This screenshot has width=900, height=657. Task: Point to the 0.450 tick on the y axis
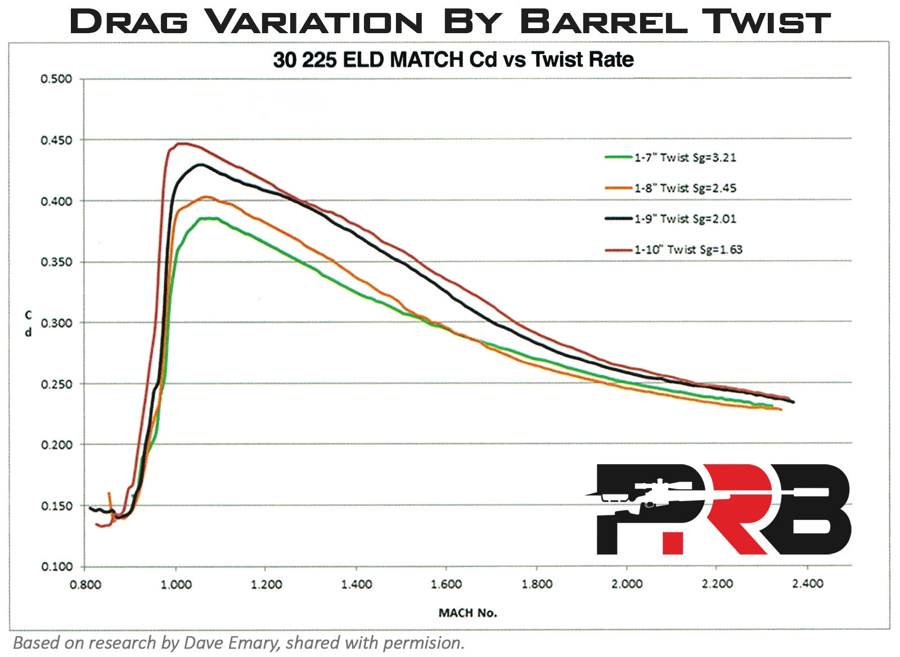tap(56, 140)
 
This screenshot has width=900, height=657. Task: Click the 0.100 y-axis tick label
tap(56, 566)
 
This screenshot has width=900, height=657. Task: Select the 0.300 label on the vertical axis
tap(56, 323)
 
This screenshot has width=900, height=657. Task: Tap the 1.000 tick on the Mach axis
tap(176, 584)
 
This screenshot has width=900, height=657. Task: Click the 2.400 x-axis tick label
tap(807, 584)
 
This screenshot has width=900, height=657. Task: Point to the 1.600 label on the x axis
tap(446, 584)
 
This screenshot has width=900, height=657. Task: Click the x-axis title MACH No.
tap(467, 613)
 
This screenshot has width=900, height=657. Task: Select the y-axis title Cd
tap(28, 323)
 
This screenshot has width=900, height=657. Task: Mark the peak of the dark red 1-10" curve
tap(180, 143)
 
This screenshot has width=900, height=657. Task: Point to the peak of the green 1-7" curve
tap(208, 218)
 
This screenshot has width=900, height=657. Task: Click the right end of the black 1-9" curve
tap(793, 402)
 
